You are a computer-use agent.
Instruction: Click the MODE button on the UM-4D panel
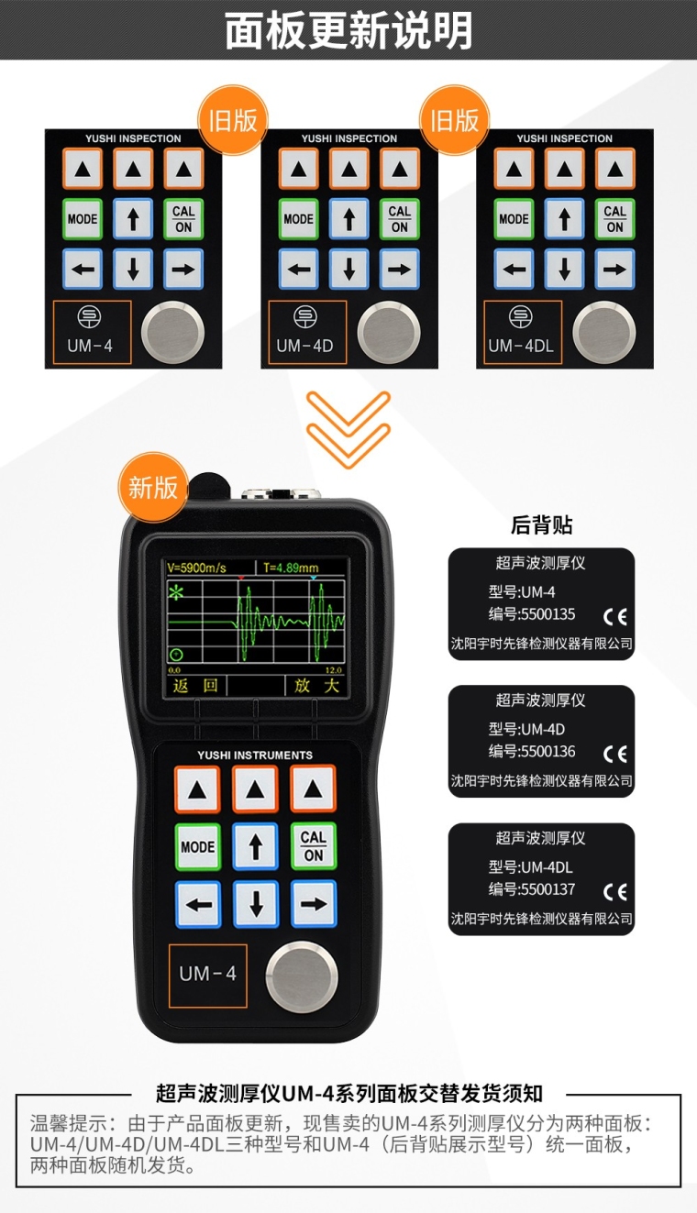[x=298, y=219]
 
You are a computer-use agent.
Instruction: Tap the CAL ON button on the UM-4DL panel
[x=614, y=219]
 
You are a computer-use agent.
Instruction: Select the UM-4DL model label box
[x=523, y=333]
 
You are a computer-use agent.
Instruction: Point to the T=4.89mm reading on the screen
[x=291, y=568]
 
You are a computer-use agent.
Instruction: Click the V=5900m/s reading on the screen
[x=196, y=568]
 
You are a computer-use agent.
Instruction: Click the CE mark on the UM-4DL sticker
[x=614, y=891]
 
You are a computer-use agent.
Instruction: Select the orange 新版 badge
[x=153, y=488]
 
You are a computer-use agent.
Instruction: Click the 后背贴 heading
[x=541, y=524]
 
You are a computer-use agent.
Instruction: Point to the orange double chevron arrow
[x=348, y=429]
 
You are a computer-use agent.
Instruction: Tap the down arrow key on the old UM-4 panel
[x=133, y=270]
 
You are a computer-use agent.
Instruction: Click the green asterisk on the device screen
[x=176, y=592]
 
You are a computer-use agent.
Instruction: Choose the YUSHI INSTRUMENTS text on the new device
[x=255, y=755]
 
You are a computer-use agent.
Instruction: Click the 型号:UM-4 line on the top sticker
[x=522, y=592]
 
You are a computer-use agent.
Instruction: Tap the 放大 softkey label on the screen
[x=316, y=686]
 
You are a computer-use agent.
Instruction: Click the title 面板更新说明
[x=348, y=31]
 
